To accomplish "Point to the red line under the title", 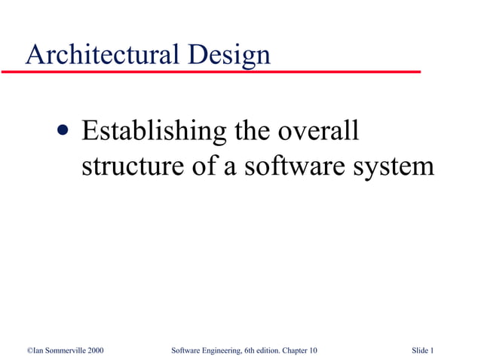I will [x=211, y=72].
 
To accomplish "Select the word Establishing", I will [x=153, y=133].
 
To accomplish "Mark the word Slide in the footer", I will [x=421, y=350].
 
